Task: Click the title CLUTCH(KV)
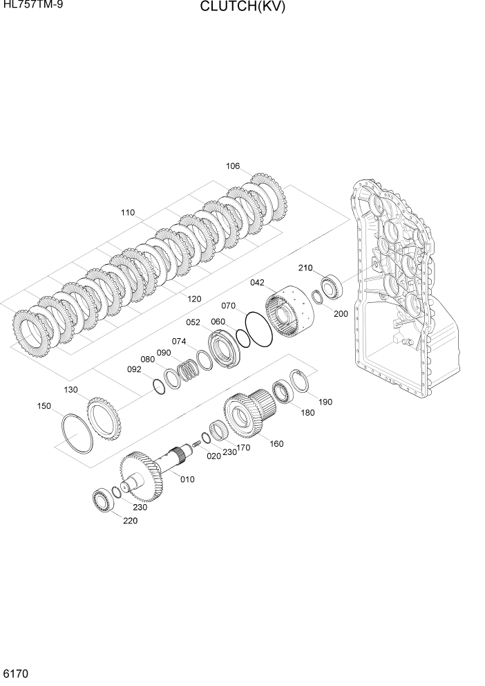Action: click(x=242, y=8)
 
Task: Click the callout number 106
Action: click(x=233, y=166)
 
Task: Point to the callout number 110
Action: click(x=127, y=213)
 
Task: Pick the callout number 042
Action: click(x=257, y=282)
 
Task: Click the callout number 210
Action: click(x=305, y=268)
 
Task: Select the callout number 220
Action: click(x=130, y=521)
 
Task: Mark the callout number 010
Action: click(x=187, y=479)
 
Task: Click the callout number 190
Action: click(x=325, y=401)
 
